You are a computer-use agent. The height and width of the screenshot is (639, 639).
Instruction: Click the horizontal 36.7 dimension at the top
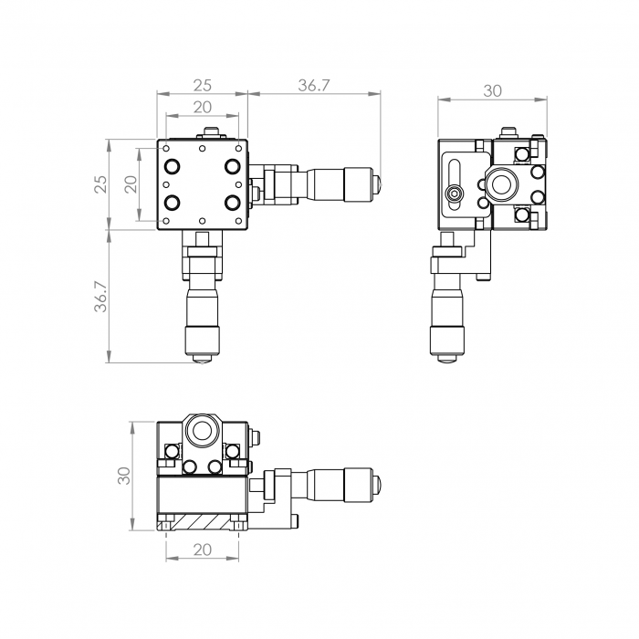click(x=313, y=86)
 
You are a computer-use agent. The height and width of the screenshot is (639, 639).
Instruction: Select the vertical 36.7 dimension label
click(x=101, y=297)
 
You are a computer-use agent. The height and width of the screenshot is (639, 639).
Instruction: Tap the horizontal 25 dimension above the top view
click(x=202, y=86)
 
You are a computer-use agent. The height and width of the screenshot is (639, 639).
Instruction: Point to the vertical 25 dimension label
click(x=100, y=183)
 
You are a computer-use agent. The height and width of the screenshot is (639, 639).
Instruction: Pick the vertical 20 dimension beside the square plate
click(x=131, y=184)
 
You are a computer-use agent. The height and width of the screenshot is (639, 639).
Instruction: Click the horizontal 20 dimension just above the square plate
click(x=202, y=107)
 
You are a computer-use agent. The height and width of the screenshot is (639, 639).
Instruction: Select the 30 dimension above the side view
click(x=492, y=91)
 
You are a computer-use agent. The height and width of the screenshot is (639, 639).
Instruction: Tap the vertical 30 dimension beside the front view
click(x=124, y=476)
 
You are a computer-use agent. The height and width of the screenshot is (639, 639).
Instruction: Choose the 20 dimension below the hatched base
click(x=202, y=550)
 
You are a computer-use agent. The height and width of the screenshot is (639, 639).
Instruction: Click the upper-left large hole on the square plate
click(x=172, y=166)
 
